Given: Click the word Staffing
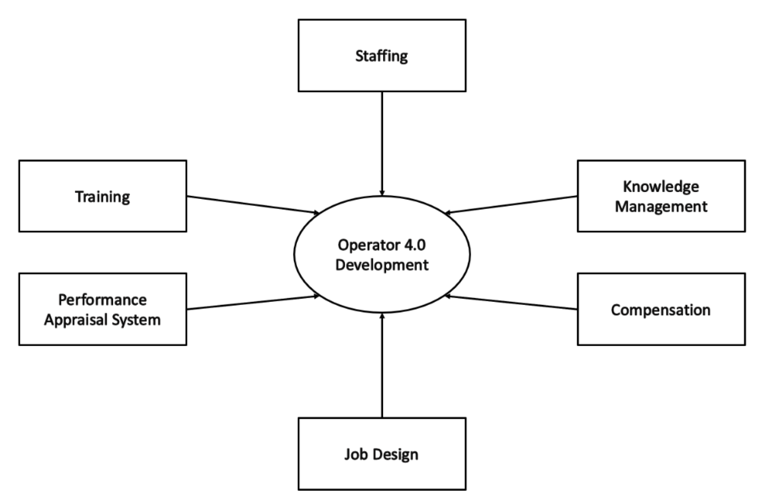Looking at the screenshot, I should tap(381, 56).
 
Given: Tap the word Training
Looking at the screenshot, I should tap(103, 197).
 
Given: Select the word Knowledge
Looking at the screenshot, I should tap(661, 187).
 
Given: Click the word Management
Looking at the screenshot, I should tap(661, 206).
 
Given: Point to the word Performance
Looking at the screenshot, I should tap(103, 300).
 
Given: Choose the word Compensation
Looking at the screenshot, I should tap(661, 310).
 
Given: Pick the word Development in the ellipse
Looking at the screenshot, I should tap(382, 265).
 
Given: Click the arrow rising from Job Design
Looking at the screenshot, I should tap(382, 366).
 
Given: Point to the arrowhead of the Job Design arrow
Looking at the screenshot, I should tap(382, 316).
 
